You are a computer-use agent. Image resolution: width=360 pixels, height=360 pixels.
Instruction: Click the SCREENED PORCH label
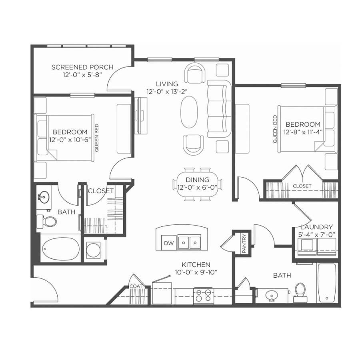click(x=82, y=67)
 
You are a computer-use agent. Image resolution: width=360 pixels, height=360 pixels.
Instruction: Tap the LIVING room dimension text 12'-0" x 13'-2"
click(x=167, y=91)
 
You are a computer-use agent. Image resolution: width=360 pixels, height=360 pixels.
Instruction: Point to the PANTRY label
click(x=244, y=243)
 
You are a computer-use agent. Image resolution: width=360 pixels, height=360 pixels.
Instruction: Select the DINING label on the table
click(x=197, y=180)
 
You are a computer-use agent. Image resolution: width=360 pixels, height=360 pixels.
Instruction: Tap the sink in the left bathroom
click(x=44, y=197)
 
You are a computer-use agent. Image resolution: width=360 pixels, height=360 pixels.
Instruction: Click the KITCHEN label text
click(x=196, y=265)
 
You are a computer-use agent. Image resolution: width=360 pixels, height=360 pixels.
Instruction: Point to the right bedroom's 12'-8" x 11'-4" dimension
click(x=303, y=132)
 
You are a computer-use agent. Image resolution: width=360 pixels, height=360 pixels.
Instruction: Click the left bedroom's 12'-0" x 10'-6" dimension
click(x=70, y=140)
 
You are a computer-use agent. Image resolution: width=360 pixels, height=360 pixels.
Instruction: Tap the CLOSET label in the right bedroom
click(x=302, y=186)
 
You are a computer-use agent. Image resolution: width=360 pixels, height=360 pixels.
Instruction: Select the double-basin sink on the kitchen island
click(x=189, y=242)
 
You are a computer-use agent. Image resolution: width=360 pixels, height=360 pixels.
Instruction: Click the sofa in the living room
click(x=219, y=109)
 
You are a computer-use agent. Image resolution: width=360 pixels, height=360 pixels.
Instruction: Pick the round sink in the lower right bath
click(x=272, y=296)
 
